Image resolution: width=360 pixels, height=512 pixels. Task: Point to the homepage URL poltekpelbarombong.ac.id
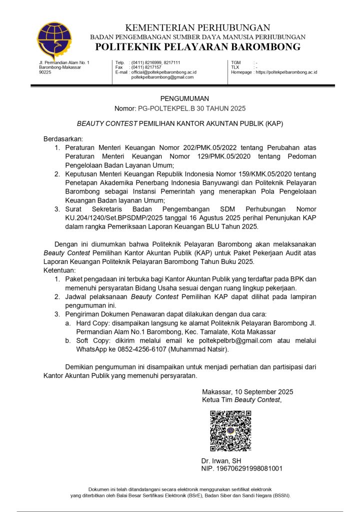pos(287,72)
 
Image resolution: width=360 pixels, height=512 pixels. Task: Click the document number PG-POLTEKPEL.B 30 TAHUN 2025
pos(191,108)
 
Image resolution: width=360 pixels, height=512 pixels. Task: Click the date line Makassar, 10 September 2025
pos(247,391)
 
